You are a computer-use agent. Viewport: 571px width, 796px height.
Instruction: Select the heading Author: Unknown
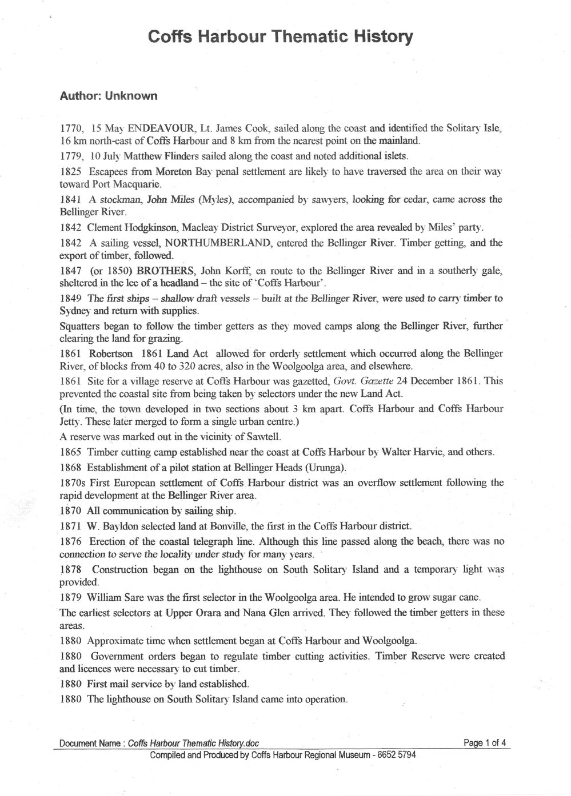[108, 96]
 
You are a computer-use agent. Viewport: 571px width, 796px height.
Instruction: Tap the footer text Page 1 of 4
[485, 743]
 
